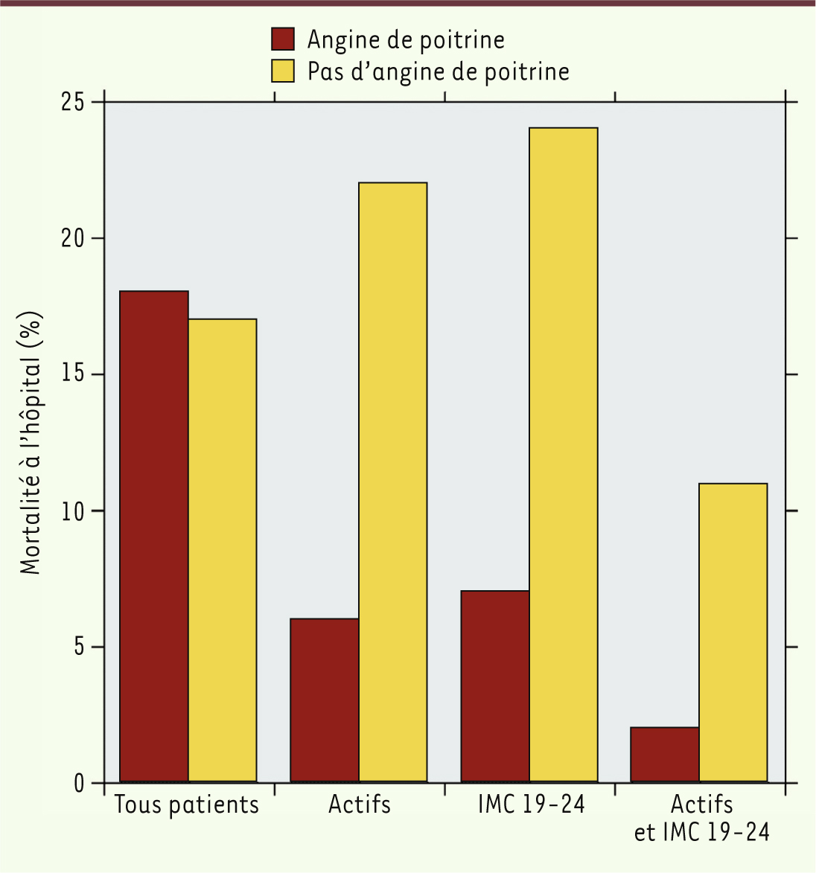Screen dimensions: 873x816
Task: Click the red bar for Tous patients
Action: point(154,536)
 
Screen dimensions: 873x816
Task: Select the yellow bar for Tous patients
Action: point(223,551)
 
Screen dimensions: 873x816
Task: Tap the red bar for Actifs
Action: point(325,700)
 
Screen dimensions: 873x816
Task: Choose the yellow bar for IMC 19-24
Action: point(564,455)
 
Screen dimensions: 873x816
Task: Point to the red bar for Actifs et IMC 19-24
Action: point(665,754)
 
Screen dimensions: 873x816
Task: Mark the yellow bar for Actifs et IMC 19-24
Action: point(733,633)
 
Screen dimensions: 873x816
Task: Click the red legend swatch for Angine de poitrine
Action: point(283,39)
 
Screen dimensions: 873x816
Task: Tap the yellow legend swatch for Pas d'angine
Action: point(283,71)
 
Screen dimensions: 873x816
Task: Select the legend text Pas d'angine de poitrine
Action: point(439,71)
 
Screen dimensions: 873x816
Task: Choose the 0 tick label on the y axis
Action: point(79,783)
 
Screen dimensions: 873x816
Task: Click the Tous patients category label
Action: point(187,805)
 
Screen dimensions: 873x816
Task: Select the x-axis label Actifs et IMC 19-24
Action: point(701,818)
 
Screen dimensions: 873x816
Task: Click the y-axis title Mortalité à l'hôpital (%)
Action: point(31,443)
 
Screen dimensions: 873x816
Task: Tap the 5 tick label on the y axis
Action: point(79,647)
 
